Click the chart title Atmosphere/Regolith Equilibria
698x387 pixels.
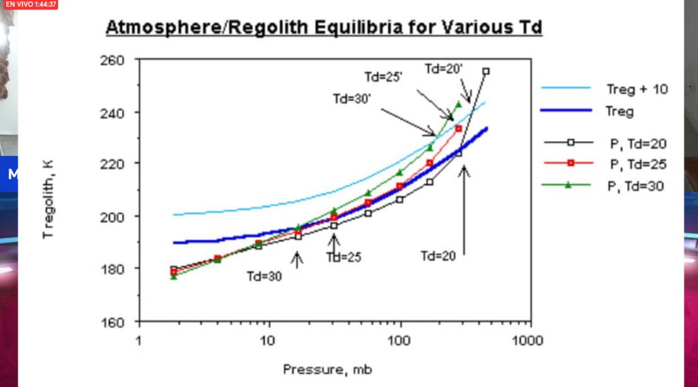[x=324, y=28]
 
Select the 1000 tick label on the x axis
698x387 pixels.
[x=528, y=339]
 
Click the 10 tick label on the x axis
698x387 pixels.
[x=269, y=339]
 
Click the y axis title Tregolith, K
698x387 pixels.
[x=47, y=198]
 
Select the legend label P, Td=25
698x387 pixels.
[x=637, y=164]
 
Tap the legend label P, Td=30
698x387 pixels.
[x=637, y=185]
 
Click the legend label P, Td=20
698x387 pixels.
[x=637, y=143]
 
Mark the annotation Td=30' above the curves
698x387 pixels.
[x=351, y=98]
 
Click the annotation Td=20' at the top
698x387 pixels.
[x=444, y=68]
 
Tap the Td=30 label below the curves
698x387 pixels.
[x=264, y=276]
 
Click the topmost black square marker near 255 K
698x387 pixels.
[x=486, y=71]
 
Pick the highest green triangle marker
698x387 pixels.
[x=458, y=104]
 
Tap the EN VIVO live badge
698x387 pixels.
[x=30, y=4]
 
